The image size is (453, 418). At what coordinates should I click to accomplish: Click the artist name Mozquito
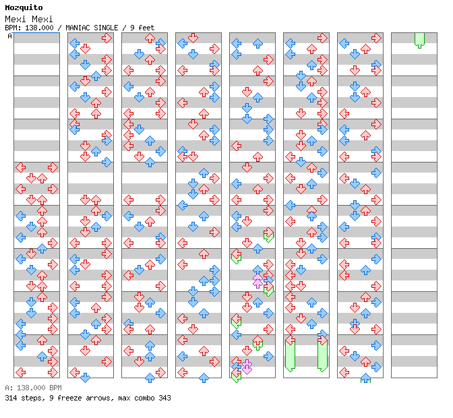pyautogui.click(x=24, y=8)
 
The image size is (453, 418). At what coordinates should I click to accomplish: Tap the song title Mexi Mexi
pyautogui.click(x=29, y=19)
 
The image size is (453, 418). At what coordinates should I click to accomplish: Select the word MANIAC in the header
pyautogui.click(x=77, y=28)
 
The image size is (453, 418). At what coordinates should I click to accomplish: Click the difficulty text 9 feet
pyautogui.click(x=142, y=28)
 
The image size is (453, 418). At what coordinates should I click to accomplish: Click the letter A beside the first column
pyautogui.click(x=10, y=36)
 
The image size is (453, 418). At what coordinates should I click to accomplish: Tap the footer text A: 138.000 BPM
pyautogui.click(x=33, y=388)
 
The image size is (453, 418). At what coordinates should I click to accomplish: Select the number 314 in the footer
pyautogui.click(x=11, y=398)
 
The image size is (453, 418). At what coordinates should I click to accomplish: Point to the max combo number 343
pyautogui.click(x=164, y=398)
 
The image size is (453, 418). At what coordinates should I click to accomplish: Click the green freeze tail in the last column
pyautogui.click(x=419, y=40)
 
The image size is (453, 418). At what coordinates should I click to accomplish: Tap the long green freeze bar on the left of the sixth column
pyautogui.click(x=290, y=356)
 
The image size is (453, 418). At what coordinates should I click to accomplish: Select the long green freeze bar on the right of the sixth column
pyautogui.click(x=322, y=356)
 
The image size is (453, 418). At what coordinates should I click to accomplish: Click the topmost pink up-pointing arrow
pyautogui.click(x=258, y=278)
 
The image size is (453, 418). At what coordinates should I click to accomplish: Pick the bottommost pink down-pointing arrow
pyautogui.click(x=247, y=369)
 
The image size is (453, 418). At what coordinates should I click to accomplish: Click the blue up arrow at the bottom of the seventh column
pyautogui.click(x=365, y=378)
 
